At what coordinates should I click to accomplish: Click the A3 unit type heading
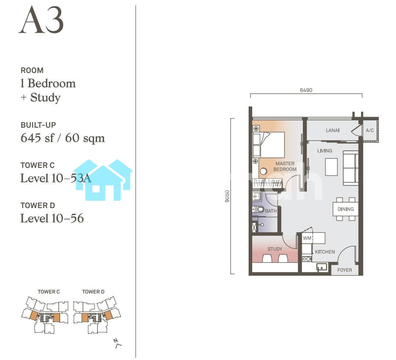click(41, 20)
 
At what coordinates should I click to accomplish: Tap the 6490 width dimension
click(306, 90)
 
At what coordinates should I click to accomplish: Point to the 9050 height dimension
click(227, 196)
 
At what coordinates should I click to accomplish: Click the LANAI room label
click(332, 130)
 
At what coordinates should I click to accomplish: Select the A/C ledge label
click(370, 130)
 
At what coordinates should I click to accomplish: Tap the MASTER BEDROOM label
click(285, 166)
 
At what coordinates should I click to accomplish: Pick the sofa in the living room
click(351, 168)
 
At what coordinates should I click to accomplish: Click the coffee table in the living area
click(331, 167)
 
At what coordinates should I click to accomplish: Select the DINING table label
click(345, 209)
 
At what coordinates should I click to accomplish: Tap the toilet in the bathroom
click(258, 210)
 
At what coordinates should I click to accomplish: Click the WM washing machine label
click(307, 238)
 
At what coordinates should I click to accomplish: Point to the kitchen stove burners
click(307, 259)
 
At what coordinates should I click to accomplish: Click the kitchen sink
click(322, 267)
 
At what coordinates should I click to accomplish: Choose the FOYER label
click(344, 270)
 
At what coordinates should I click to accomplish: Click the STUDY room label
click(275, 249)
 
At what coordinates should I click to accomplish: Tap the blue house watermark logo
click(103, 180)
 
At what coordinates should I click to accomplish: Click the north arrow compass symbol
click(117, 343)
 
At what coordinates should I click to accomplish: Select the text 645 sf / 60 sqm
click(63, 138)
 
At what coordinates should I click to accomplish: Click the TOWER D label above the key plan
click(93, 292)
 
